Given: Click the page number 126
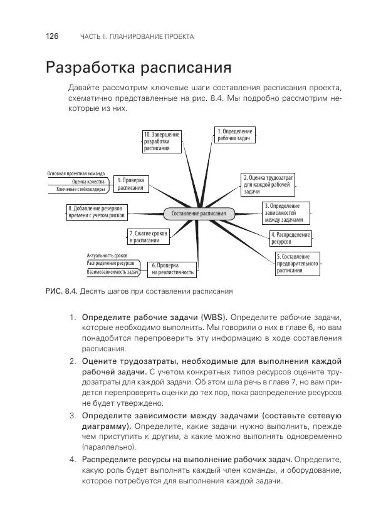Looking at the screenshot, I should click(x=52, y=36).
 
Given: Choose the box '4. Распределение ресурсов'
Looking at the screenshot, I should click(x=291, y=237).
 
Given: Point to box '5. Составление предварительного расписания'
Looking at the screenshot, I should click(x=297, y=264).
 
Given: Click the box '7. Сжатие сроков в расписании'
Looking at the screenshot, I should click(x=149, y=237).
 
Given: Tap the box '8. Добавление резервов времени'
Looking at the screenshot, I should click(x=97, y=212).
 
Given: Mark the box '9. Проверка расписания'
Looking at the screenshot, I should click(x=131, y=183).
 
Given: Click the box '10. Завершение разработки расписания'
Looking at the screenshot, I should click(x=162, y=142).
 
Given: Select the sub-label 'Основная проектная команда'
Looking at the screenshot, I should click(x=76, y=173).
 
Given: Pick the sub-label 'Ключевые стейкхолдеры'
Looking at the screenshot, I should click(x=80, y=189).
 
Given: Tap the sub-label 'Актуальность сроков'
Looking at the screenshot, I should click(x=107, y=255).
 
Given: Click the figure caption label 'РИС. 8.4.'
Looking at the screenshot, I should click(x=61, y=291).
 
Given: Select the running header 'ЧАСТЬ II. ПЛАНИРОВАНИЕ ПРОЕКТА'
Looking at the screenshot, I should click(x=137, y=37).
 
